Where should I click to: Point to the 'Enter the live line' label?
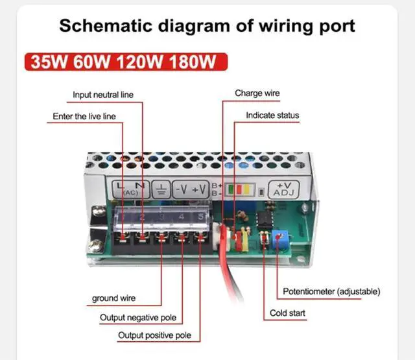84,117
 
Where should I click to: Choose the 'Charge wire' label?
257,93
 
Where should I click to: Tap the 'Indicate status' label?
272,115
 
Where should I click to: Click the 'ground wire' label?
114,299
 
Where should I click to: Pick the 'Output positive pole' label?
154,336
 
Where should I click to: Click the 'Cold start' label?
287,313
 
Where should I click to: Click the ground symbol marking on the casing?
161,189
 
